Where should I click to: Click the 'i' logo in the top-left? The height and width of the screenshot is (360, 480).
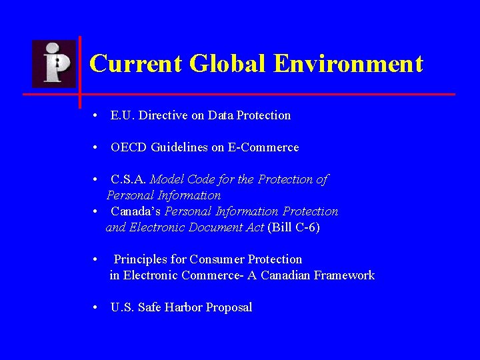(55, 63)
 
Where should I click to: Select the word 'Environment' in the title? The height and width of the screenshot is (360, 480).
(348, 64)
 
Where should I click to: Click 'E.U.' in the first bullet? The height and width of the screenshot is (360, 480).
(121, 115)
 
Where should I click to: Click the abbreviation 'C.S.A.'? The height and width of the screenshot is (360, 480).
(129, 179)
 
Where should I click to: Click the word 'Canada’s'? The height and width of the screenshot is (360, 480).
(135, 211)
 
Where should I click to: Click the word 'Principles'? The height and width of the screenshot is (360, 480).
(142, 259)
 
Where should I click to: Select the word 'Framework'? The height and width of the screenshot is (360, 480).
(345, 275)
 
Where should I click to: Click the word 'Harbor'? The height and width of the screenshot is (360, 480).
(184, 307)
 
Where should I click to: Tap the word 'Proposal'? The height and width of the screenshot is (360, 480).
(229, 307)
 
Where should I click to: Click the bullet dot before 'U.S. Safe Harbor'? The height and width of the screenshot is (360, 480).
(97, 307)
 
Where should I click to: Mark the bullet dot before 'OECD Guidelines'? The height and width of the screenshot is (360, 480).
(97, 147)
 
